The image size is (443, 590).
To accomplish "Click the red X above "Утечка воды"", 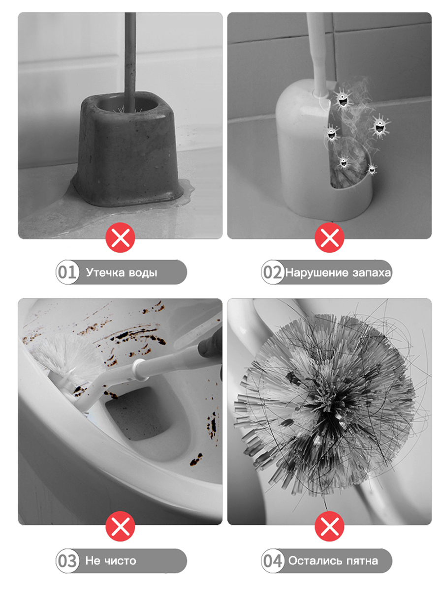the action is (120, 237).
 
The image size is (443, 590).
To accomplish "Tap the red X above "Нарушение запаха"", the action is (329, 237).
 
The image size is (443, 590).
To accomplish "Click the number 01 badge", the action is (67, 272).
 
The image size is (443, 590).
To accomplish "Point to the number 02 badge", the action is (273, 272).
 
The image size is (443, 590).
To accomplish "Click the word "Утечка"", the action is (105, 272).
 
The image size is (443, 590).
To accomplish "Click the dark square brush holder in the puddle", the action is (128, 148).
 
